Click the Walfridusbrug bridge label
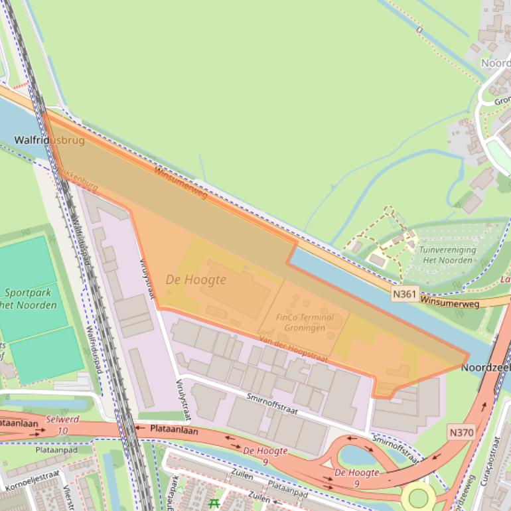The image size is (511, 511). point(49,141)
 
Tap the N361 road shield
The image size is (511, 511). point(404,293)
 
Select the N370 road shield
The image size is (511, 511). point(461,433)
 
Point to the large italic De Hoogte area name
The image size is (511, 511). point(196,280)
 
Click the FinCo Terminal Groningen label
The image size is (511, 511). point(305,323)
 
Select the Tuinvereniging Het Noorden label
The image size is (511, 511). point(447,255)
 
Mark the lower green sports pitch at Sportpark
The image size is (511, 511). point(46,356)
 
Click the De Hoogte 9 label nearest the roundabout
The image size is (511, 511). point(356,478)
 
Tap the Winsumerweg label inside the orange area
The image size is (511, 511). point(181,183)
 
